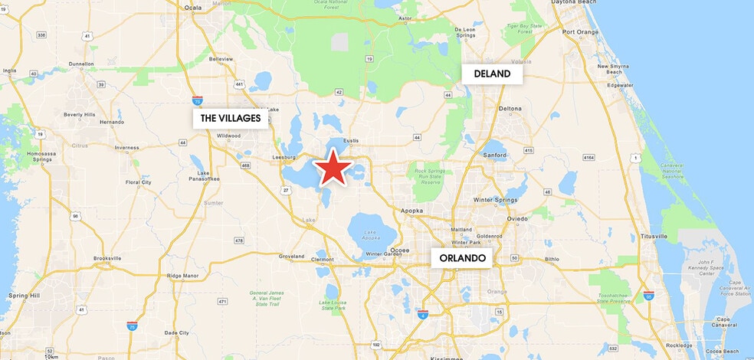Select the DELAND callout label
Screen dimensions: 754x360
click(x=492, y=74)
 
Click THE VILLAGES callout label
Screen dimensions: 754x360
click(x=231, y=118)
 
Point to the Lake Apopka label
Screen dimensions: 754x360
click(x=370, y=234)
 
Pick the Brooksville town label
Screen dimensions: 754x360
click(x=107, y=258)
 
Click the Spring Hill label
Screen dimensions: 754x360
click(x=20, y=295)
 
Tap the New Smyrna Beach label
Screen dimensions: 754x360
click(x=614, y=69)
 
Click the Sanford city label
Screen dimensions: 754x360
click(x=495, y=155)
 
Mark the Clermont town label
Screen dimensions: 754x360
click(x=322, y=259)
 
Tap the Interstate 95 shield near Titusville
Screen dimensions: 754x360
click(x=649, y=296)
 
